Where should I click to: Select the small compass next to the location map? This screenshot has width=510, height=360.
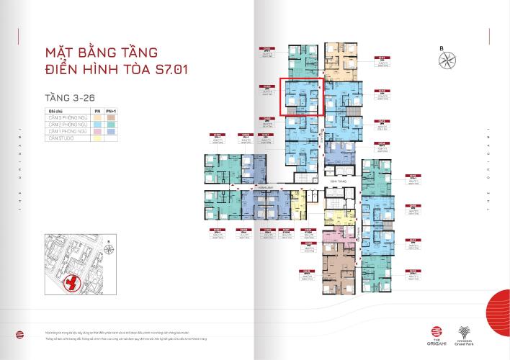click(x=106, y=248)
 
